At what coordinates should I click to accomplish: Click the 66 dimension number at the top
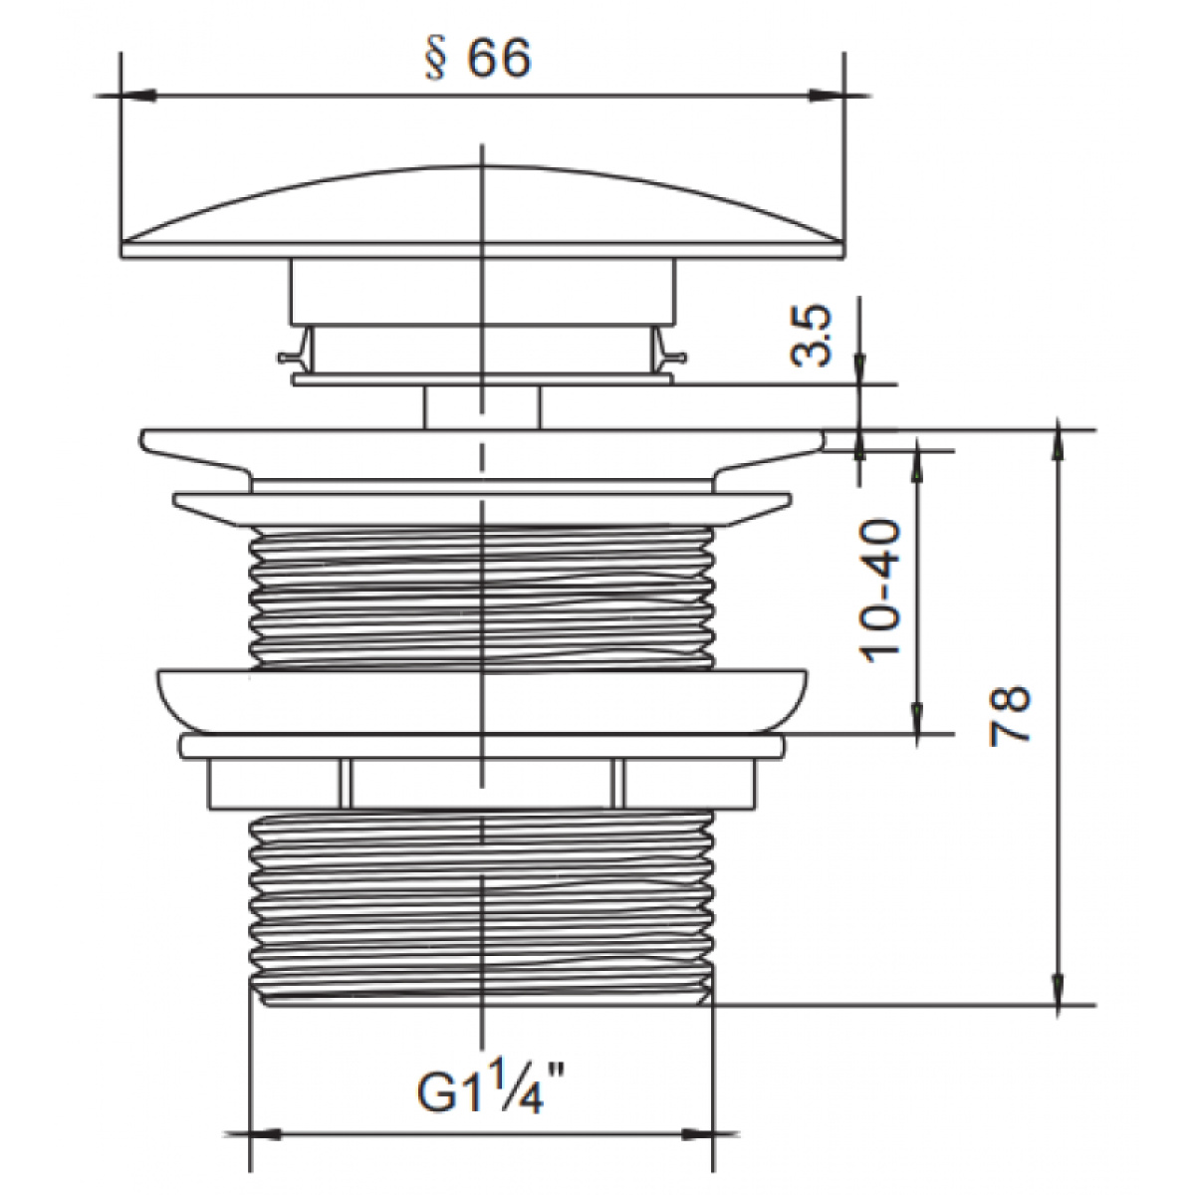pyautogui.click(x=499, y=59)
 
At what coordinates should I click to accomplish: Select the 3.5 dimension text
pyautogui.click(x=811, y=336)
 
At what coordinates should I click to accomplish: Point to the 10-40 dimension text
pyautogui.click(x=880, y=592)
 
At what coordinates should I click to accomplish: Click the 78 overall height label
pyautogui.click(x=1009, y=714)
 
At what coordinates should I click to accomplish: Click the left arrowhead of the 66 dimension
pyautogui.click(x=137, y=97)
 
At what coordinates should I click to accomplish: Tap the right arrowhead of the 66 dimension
pyautogui.click(x=826, y=97)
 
